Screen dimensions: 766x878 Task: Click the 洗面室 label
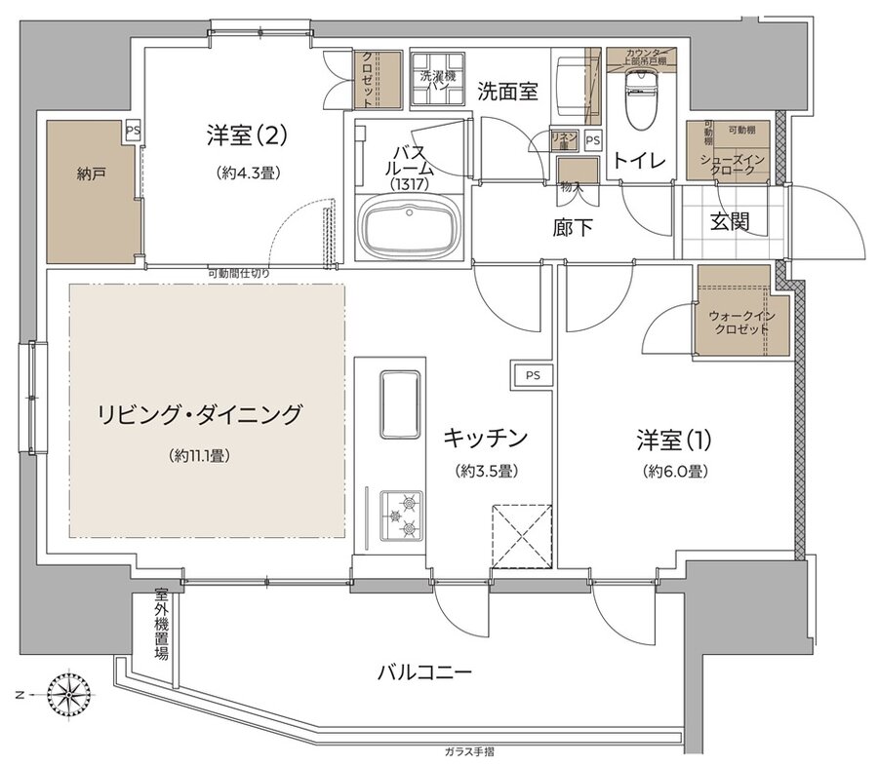point(507,92)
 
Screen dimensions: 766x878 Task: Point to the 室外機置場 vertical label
point(160,624)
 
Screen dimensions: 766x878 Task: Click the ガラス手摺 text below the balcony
point(467,751)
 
